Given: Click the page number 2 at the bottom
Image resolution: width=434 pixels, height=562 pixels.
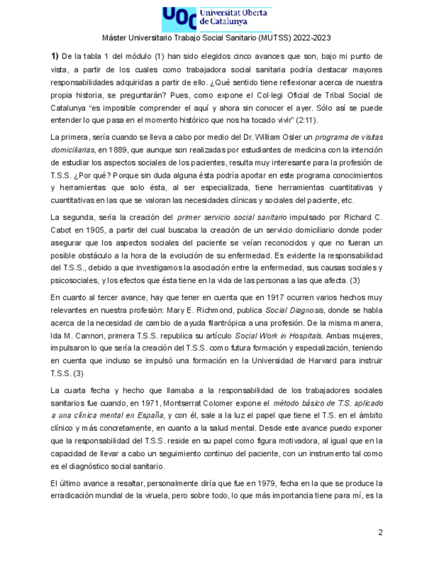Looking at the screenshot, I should coord(380,532).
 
